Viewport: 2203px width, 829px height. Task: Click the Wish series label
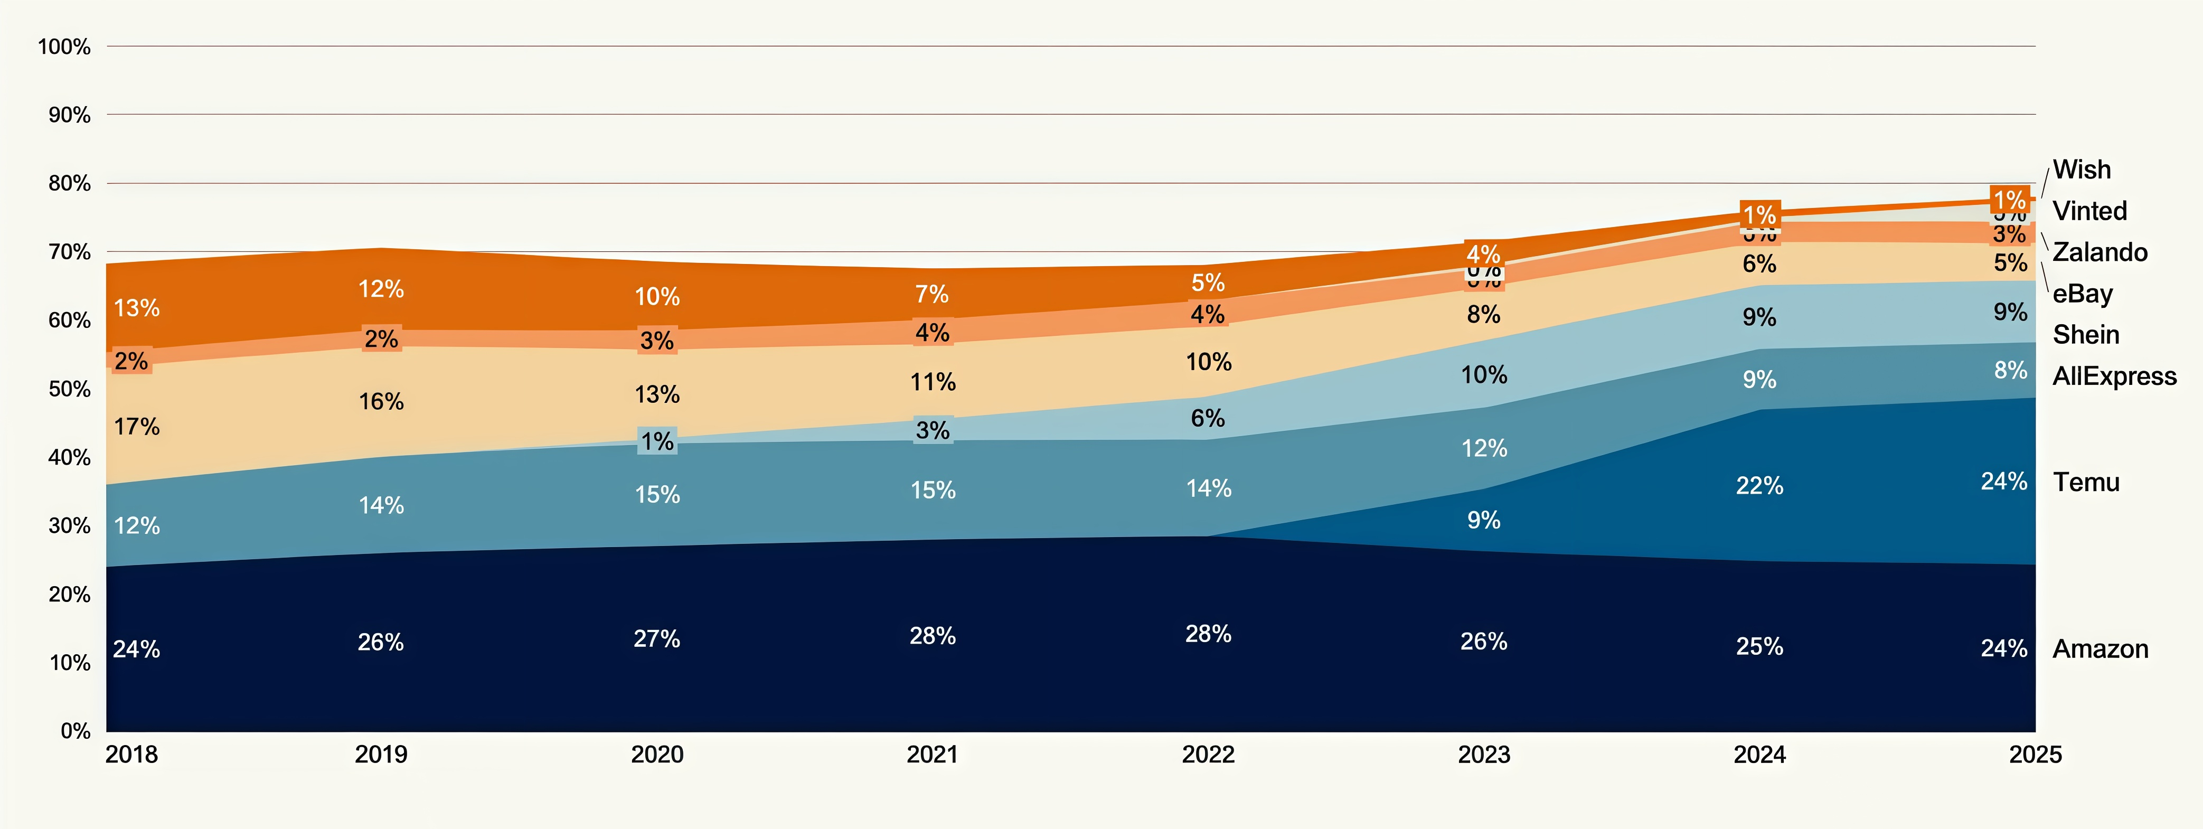pos(2082,169)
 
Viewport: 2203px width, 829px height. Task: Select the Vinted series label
pos(2089,211)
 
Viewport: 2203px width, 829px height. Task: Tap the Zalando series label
pos(2100,252)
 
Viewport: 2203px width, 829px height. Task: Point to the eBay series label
pos(2083,294)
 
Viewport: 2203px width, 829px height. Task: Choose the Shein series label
pos(2086,335)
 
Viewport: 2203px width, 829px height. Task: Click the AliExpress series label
pos(2114,376)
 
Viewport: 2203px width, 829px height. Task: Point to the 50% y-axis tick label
pos(69,389)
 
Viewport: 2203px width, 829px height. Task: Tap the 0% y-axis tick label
pos(76,731)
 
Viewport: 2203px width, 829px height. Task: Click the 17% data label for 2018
pos(137,427)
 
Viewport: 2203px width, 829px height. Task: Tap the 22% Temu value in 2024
pos(1759,486)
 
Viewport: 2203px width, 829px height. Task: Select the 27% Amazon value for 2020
pos(657,639)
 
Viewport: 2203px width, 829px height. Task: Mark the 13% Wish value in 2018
pos(137,308)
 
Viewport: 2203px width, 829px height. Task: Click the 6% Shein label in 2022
pos(1208,418)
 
